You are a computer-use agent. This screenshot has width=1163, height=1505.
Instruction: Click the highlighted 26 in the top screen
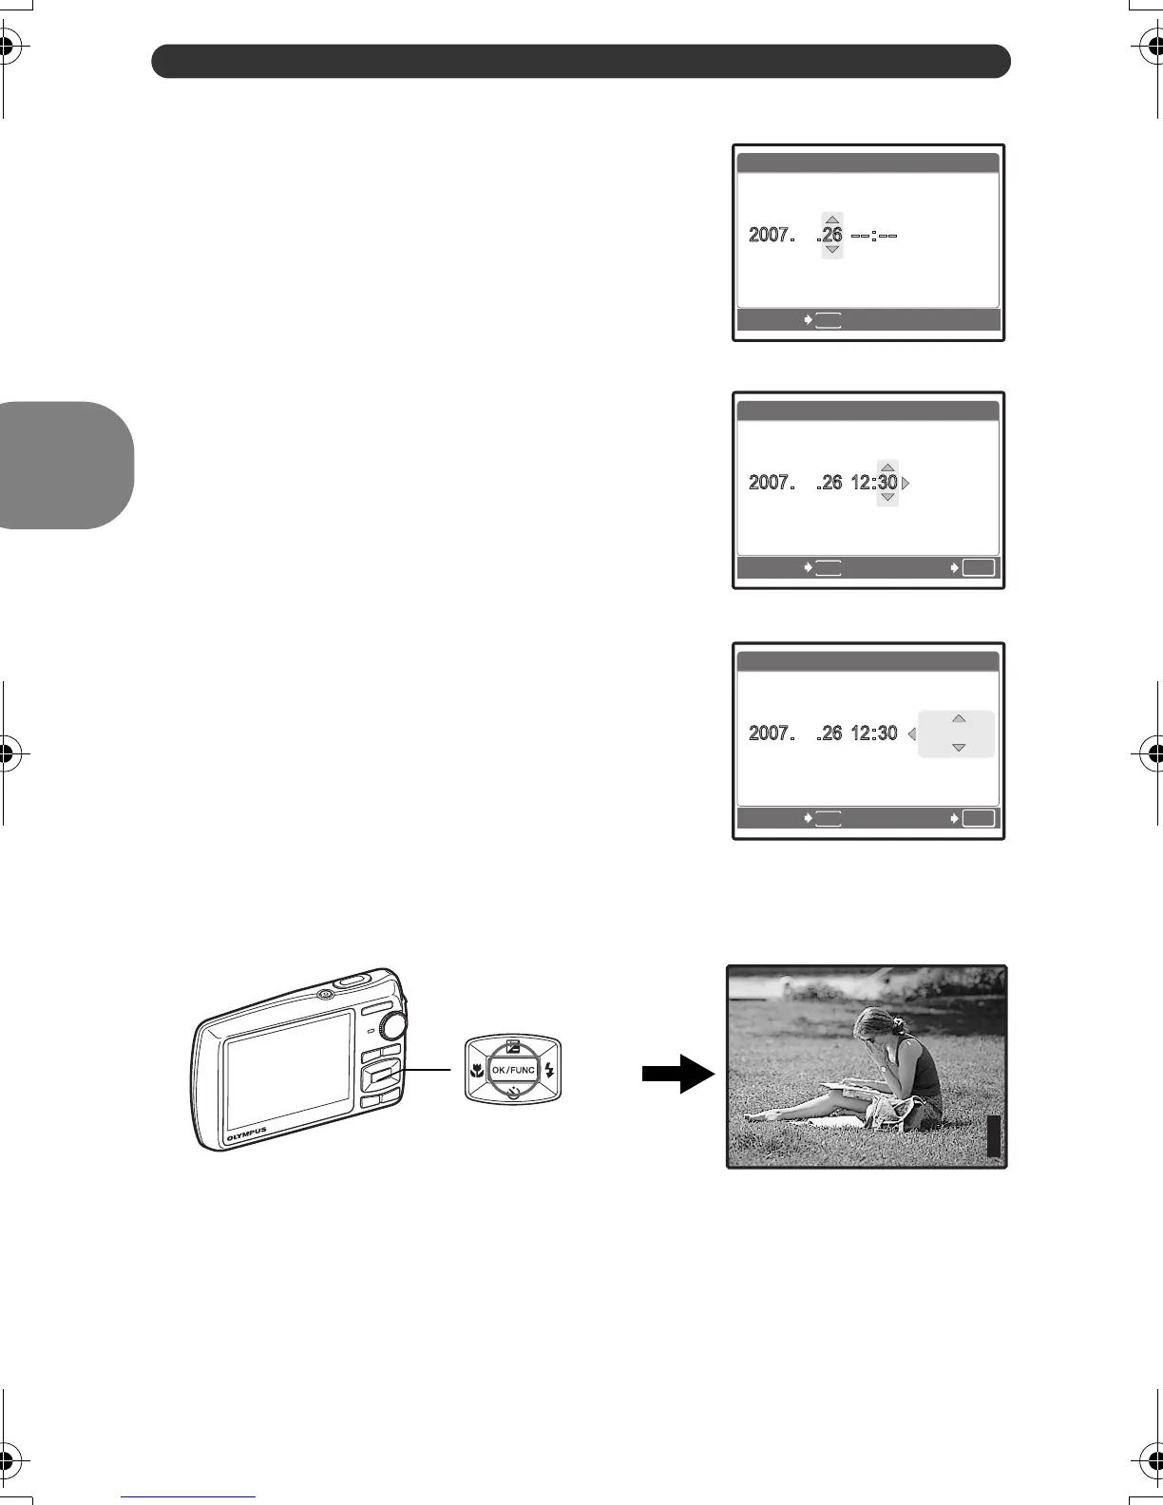(x=832, y=235)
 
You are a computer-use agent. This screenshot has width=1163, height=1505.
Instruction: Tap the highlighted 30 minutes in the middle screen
(x=887, y=483)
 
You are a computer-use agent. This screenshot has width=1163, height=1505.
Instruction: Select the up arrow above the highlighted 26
(x=832, y=219)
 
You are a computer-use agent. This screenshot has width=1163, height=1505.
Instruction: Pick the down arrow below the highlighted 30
(x=887, y=498)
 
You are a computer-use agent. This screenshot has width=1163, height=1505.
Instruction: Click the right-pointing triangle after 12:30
(x=906, y=483)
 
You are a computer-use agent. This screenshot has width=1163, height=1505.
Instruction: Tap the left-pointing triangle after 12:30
(x=911, y=733)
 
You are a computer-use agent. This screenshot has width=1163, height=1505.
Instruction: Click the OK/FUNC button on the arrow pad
(x=513, y=1070)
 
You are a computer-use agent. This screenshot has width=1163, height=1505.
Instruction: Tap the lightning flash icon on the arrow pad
(x=549, y=1070)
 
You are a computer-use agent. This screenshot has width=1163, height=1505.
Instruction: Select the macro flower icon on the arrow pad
(x=477, y=1070)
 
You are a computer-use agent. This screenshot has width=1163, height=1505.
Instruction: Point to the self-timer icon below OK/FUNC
(x=513, y=1093)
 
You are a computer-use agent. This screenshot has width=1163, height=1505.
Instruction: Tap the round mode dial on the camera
(x=391, y=1023)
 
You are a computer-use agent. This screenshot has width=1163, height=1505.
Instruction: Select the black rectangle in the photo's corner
(x=994, y=1136)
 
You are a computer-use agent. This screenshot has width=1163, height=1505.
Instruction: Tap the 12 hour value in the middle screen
(x=861, y=483)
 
